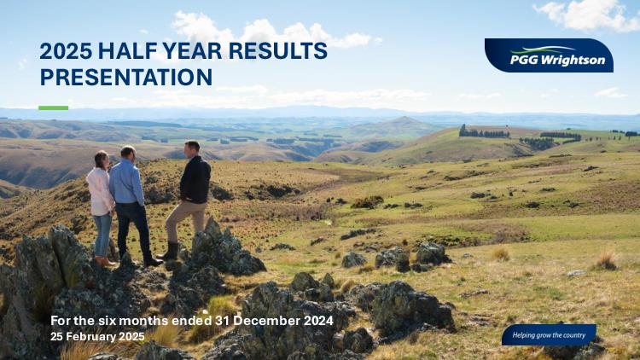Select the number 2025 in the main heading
pos(66,51)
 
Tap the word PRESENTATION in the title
pos(126,77)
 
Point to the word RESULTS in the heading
pos(278,51)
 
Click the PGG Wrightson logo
pos(549,55)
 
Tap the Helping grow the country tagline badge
pos(549,335)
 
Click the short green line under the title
pos(54,107)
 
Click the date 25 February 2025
pos(97,337)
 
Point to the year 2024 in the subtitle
pos(318,321)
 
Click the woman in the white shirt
pos(100,208)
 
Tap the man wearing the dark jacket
pos(189,200)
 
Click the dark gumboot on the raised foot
pos(170,251)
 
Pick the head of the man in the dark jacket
pos(192,149)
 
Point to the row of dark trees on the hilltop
pos(484,132)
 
